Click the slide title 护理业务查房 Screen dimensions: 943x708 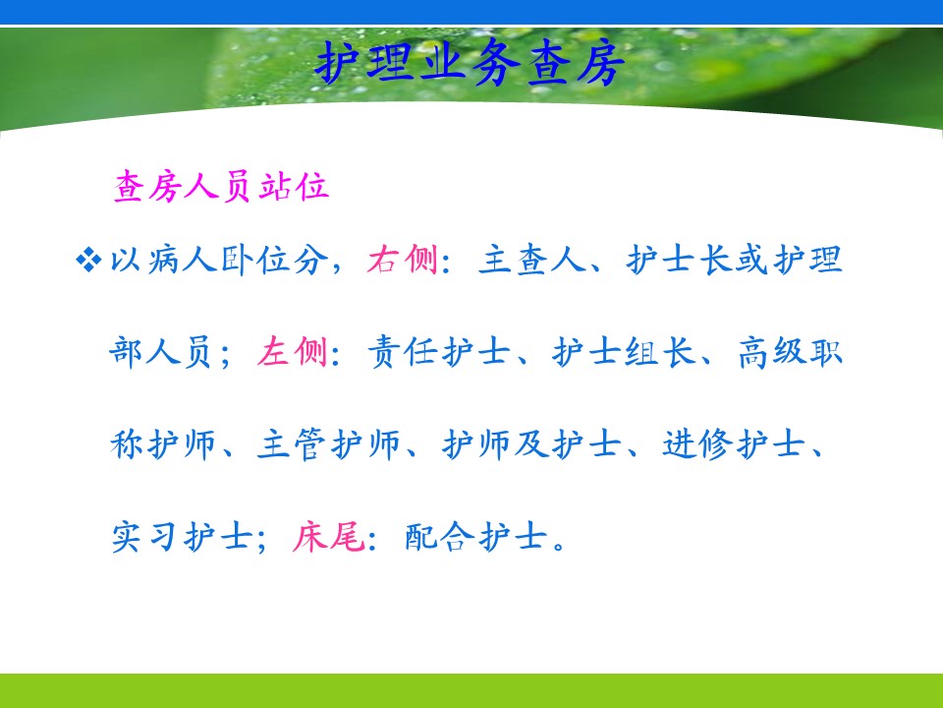click(x=470, y=63)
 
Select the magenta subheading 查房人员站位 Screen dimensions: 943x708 click(x=221, y=186)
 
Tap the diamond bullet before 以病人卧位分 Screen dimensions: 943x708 click(x=88, y=260)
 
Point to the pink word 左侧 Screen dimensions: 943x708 click(x=293, y=352)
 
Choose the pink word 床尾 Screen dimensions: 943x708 click(x=328, y=537)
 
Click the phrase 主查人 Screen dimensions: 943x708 click(x=532, y=260)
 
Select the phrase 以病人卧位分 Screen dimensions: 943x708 click(x=219, y=260)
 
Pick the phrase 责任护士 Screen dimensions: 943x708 click(x=439, y=352)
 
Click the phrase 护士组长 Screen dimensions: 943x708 click(x=624, y=352)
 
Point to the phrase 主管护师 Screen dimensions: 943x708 click(x=328, y=444)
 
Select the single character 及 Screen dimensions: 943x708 click(x=531, y=444)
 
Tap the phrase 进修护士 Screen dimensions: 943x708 click(x=734, y=444)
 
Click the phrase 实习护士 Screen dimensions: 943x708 click(x=182, y=537)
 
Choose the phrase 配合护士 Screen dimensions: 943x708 click(x=475, y=537)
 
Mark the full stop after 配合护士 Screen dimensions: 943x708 click(x=560, y=546)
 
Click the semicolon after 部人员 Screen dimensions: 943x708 click(x=226, y=356)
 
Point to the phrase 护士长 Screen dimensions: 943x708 click(x=679, y=260)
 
